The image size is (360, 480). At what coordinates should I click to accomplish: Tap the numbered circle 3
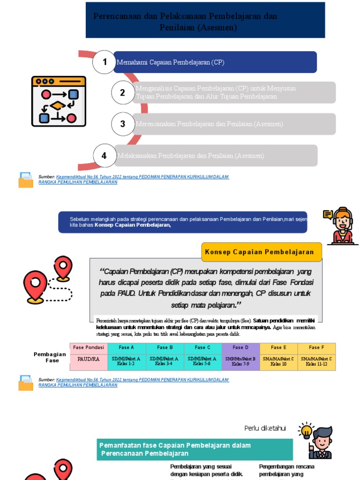point(123,124)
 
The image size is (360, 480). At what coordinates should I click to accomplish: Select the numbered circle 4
point(104,156)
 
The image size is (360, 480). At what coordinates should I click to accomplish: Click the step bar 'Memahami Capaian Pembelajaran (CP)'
point(216,62)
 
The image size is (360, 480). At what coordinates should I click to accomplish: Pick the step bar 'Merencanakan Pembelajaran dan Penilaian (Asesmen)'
point(234,124)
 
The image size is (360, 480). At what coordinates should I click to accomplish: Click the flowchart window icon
point(59,101)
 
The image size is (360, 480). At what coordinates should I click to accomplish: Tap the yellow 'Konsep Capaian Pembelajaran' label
point(262,252)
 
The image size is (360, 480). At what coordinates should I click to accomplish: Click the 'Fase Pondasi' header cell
point(89,348)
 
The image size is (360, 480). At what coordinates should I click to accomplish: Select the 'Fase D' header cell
point(240,348)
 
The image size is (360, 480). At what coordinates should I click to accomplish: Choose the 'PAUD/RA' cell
point(89,361)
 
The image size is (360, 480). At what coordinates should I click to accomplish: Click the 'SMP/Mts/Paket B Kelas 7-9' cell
point(240,361)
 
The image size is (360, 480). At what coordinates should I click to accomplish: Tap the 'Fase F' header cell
point(316,348)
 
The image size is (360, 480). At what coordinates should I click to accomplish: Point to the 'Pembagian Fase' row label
point(50,358)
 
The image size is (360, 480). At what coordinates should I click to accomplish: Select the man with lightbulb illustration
point(318,441)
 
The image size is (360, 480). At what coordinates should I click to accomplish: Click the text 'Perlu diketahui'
point(265,428)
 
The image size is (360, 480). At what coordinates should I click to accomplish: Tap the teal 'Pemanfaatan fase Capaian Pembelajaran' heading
point(195,450)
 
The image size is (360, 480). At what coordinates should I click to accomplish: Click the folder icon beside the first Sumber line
point(26,180)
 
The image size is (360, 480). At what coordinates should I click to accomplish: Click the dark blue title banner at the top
point(205,20)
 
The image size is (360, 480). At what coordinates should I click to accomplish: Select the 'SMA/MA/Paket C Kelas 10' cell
point(278,361)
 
